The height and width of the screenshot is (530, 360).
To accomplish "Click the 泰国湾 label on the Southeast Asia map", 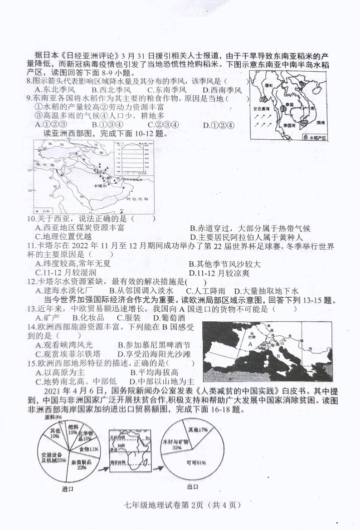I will pos(290,124).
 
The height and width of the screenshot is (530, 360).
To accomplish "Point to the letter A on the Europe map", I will pos(249,344).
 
